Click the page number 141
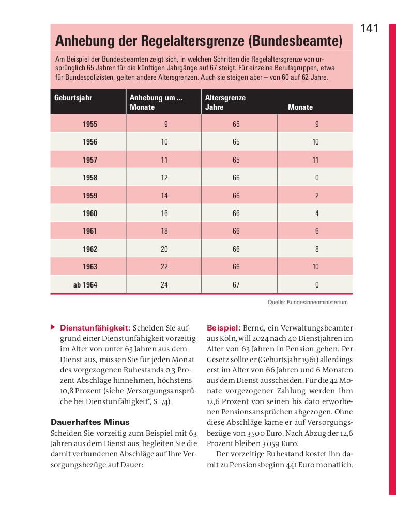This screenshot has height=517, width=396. pyautogui.click(x=370, y=28)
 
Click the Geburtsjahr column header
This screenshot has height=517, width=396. pyautogui.click(x=73, y=97)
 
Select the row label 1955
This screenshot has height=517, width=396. pyautogui.click(x=90, y=124)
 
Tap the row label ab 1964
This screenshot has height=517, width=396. pyautogui.click(x=85, y=284)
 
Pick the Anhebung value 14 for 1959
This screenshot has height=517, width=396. pyautogui.click(x=164, y=196)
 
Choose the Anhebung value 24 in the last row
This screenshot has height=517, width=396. pyautogui.click(x=164, y=284)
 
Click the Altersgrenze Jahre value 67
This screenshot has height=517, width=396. pyautogui.click(x=236, y=284)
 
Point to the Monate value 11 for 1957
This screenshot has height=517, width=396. pyautogui.click(x=316, y=160)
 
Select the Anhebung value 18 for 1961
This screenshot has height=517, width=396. pyautogui.click(x=164, y=231)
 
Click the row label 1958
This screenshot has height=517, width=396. pyautogui.click(x=90, y=178)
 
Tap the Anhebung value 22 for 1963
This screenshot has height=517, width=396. pyautogui.click(x=164, y=267)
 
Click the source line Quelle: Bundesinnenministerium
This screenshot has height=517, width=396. pyautogui.click(x=308, y=302)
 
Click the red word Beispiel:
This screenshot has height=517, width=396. pyautogui.click(x=223, y=328)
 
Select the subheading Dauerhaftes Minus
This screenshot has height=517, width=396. pyautogui.click(x=90, y=422)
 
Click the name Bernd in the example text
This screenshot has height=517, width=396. pyautogui.click(x=254, y=328)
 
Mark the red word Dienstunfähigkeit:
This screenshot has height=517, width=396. pyautogui.click(x=95, y=328)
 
